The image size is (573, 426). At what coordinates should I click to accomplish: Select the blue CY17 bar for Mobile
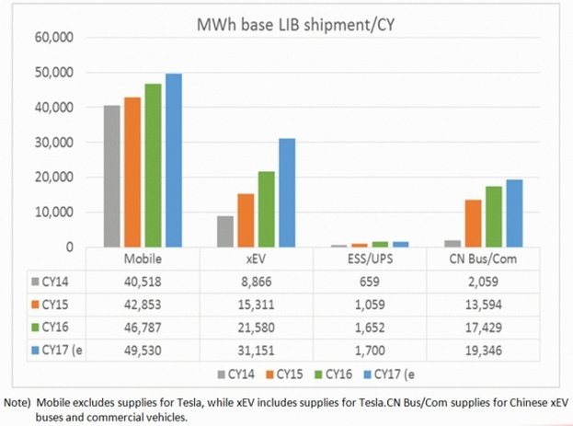[173, 161]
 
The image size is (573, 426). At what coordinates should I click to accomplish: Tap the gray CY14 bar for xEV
[224, 232]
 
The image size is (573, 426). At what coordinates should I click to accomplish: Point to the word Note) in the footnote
[19, 402]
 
